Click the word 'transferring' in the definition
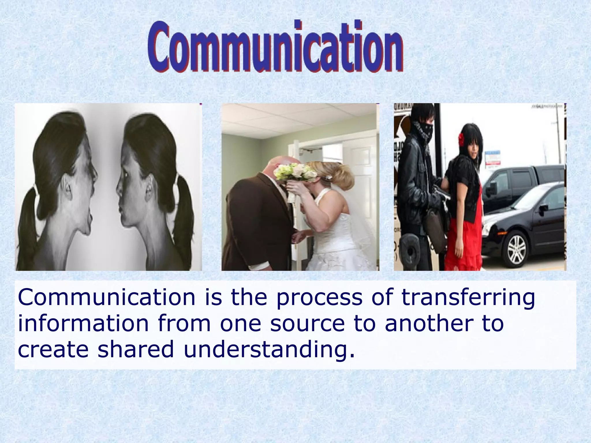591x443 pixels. pyautogui.click(x=468, y=298)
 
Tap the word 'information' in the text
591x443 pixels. pyautogui.click(x=83, y=324)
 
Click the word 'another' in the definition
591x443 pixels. pyautogui.click(x=429, y=324)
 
